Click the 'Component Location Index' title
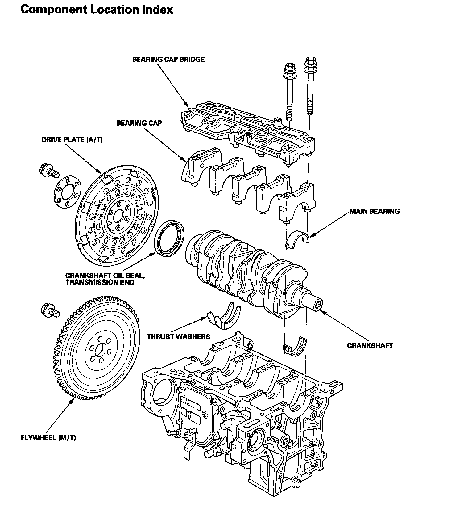[x=97, y=10]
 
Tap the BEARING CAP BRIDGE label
[x=168, y=59]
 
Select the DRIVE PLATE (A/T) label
[x=72, y=140]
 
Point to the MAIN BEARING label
[x=375, y=211]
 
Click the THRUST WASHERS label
[x=178, y=336]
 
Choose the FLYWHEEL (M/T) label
[x=48, y=438]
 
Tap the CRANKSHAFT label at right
[x=370, y=345]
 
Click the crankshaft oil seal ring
[x=169, y=238]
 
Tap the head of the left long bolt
[x=290, y=69]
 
